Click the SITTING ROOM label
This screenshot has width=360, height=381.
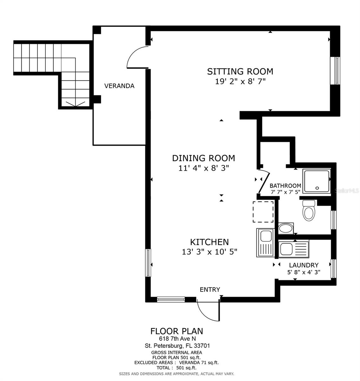point(240,71)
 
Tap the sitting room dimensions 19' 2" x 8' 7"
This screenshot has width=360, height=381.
point(240,82)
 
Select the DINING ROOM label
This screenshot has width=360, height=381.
point(203,158)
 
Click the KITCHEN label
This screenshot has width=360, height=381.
point(209,242)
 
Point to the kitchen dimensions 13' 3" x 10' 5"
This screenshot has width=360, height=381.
point(209,252)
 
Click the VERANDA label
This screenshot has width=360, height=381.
point(119,86)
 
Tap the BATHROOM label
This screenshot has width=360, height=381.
point(285,186)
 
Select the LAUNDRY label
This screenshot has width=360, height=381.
point(304,265)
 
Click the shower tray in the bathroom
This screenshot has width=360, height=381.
point(317,181)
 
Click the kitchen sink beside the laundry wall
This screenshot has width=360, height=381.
point(264,243)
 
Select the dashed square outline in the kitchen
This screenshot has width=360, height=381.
point(263,211)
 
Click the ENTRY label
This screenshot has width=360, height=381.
point(210,290)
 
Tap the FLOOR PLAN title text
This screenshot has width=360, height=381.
point(177,331)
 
